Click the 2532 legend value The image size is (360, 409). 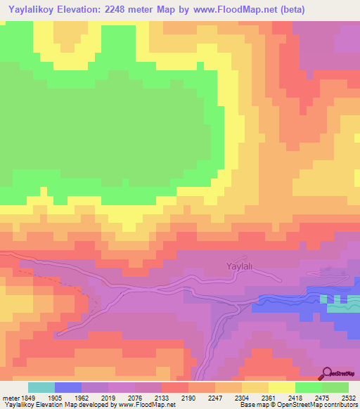pos(349,396)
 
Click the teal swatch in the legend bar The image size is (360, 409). pos(41,387)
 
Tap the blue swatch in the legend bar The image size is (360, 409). pos(68,387)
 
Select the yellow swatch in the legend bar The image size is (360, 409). pos(282,387)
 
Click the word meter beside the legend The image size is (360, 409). pos(10,396)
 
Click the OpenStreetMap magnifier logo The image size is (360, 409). pos(326,374)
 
